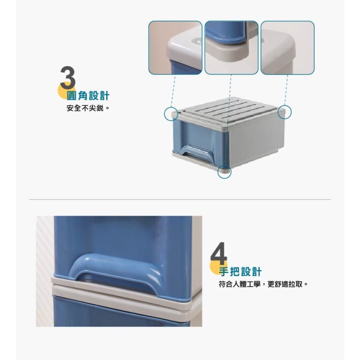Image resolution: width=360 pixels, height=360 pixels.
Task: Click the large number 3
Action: tap(67, 79)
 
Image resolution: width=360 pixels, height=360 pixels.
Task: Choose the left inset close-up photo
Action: tap(175, 48)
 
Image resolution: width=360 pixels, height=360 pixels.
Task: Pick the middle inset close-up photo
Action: tap(231, 48)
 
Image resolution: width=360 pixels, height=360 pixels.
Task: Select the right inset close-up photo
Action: tap(287, 48)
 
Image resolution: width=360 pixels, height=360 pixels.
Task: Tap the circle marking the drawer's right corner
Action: tap(284, 112)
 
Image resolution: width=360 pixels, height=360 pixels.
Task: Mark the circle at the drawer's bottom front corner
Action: tap(224, 172)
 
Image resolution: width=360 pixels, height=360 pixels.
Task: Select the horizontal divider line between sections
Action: tap(180, 200)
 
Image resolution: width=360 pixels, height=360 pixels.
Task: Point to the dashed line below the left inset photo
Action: tap(173, 90)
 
